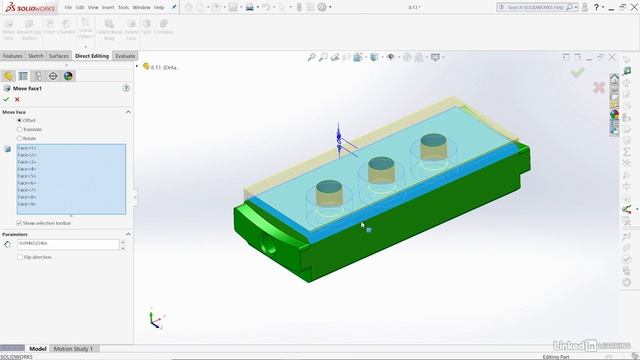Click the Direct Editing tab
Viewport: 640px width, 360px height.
(x=92, y=56)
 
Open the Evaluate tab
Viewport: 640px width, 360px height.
(x=125, y=56)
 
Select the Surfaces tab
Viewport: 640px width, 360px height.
(x=59, y=56)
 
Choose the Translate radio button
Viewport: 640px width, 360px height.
(x=19, y=129)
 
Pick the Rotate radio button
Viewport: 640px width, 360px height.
(x=19, y=138)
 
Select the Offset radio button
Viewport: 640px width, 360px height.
(x=19, y=120)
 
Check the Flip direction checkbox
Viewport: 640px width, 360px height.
(x=19, y=257)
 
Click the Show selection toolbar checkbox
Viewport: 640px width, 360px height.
(x=19, y=222)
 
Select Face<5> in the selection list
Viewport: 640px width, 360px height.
(x=27, y=176)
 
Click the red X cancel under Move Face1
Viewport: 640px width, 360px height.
(x=17, y=99)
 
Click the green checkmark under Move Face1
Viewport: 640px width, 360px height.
(x=6, y=99)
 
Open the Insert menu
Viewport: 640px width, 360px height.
(x=107, y=7)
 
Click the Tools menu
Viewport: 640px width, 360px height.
(x=123, y=7)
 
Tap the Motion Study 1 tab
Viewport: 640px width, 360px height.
(x=73, y=349)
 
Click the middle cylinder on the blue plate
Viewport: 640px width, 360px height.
(x=380, y=171)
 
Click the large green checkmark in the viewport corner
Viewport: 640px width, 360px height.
(x=577, y=72)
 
